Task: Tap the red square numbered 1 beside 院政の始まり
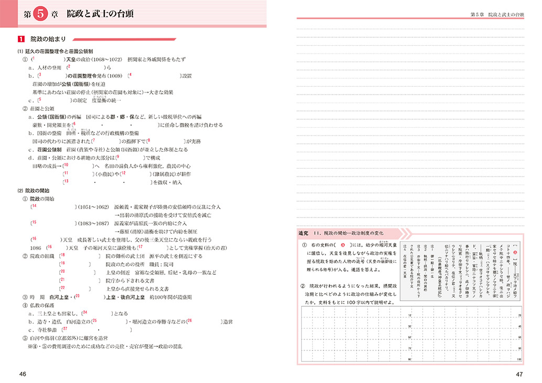20,39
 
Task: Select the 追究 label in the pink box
303,233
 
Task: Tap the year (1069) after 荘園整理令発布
116,76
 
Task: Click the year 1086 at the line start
36,247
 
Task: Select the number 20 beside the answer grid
519,315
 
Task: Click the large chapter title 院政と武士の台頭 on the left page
103,14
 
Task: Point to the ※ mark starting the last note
31,346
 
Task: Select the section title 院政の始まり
47,39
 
